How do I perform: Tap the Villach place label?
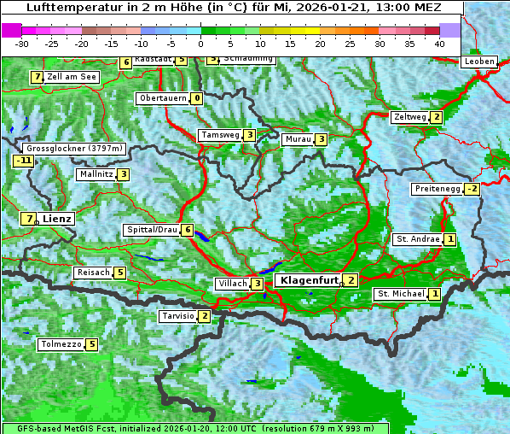click(x=231, y=284)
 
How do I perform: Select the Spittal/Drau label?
click(x=152, y=230)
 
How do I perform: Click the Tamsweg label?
click(x=219, y=135)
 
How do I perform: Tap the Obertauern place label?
click(x=163, y=98)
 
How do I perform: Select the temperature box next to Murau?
click(x=321, y=139)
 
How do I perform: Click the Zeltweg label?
click(x=409, y=117)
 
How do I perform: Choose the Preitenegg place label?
click(x=437, y=189)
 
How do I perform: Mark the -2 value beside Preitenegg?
click(x=472, y=189)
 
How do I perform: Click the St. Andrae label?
click(x=417, y=239)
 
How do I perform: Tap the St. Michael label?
click(x=400, y=294)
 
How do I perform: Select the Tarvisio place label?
click(x=177, y=316)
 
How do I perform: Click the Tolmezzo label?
click(x=61, y=345)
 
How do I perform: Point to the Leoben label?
click(x=478, y=62)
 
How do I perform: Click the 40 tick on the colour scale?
click(x=439, y=43)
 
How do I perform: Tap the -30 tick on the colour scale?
click(x=22, y=43)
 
